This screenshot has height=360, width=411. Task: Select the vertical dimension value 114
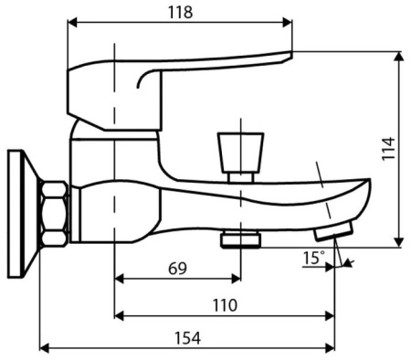[x=389, y=149]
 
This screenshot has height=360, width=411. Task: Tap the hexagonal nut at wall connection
[x=55, y=212]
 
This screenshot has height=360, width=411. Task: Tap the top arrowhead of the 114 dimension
[x=400, y=56]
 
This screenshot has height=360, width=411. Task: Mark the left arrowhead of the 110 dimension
[x=118, y=315]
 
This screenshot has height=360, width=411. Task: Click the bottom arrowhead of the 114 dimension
[x=400, y=241]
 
